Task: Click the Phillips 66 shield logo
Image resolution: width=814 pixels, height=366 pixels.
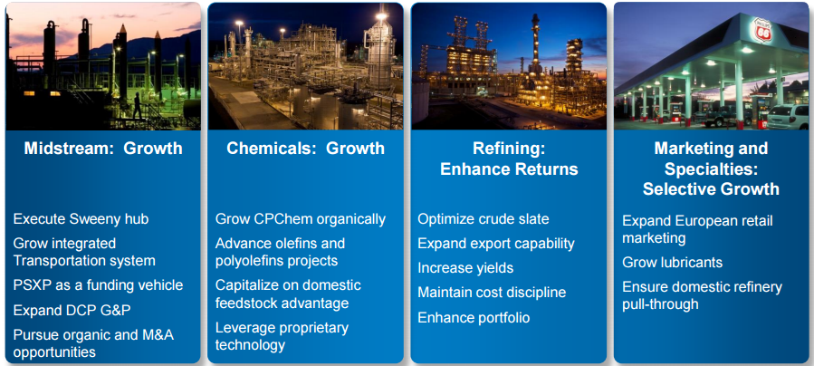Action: point(762,31)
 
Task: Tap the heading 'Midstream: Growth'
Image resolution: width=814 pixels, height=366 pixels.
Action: point(103,148)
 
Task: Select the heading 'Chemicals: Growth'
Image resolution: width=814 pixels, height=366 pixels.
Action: point(305,148)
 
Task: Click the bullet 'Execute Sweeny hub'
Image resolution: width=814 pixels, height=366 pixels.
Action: point(81,218)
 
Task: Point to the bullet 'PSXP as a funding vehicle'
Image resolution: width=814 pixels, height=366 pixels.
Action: point(98,285)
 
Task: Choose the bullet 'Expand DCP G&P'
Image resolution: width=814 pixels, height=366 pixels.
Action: point(72,310)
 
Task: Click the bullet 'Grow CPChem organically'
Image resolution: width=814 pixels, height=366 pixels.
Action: point(301,219)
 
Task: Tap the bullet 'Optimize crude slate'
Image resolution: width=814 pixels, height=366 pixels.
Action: point(484,219)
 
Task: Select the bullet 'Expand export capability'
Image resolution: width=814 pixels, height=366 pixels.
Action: point(496,244)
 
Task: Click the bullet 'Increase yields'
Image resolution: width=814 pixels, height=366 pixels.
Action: point(465,268)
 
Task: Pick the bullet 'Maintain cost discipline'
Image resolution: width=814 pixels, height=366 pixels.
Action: point(492,293)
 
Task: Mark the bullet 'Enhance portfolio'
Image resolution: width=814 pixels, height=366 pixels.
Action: point(474,317)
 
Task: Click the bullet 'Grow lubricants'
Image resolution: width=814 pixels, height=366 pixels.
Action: point(672,262)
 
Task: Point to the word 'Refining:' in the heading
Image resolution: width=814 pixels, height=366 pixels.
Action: point(509,148)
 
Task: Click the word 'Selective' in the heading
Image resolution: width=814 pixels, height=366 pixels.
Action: point(679,188)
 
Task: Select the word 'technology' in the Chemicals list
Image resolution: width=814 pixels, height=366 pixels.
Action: point(250,345)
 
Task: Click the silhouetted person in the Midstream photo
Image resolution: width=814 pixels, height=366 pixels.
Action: point(137,105)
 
